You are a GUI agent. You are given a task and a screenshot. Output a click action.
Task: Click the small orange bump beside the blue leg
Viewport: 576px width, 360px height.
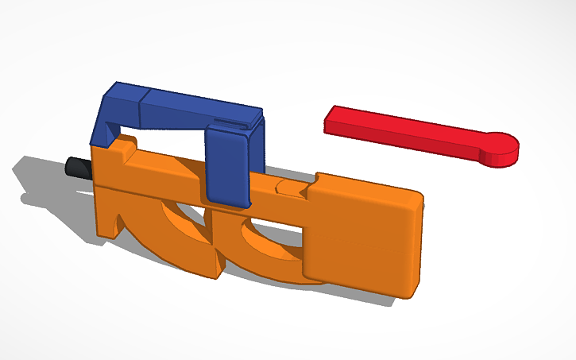(126, 145)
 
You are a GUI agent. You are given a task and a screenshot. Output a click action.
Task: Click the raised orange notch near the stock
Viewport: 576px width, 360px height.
(290, 188)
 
